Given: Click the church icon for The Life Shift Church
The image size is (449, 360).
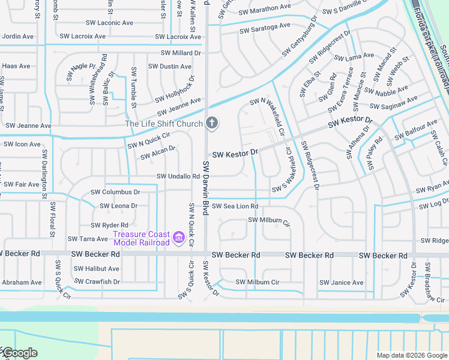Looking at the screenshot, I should (x=211, y=124).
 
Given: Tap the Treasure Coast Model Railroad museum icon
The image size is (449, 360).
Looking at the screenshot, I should (x=178, y=238).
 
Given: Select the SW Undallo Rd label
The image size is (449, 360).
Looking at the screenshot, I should (x=178, y=176).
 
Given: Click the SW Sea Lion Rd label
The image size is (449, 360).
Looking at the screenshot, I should (x=234, y=206).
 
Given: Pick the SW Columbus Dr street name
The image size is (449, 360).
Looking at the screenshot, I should (x=115, y=192).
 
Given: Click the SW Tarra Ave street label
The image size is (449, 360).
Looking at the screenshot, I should (x=88, y=239).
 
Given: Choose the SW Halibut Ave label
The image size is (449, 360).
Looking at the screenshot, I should (x=98, y=269).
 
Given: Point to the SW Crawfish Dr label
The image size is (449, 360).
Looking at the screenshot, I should (x=97, y=281).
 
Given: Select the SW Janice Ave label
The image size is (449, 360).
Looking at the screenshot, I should (x=342, y=283).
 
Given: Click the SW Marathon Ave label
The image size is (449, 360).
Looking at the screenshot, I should (x=264, y=9).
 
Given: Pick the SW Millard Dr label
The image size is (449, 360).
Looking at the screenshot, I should (x=180, y=53).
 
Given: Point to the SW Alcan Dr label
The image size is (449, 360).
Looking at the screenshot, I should (x=158, y=153).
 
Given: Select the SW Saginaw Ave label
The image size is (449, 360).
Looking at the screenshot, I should (x=393, y=103).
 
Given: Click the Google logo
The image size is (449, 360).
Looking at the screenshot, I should (x=19, y=353).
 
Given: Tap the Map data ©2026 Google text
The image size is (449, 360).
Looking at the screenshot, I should (x=411, y=355).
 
